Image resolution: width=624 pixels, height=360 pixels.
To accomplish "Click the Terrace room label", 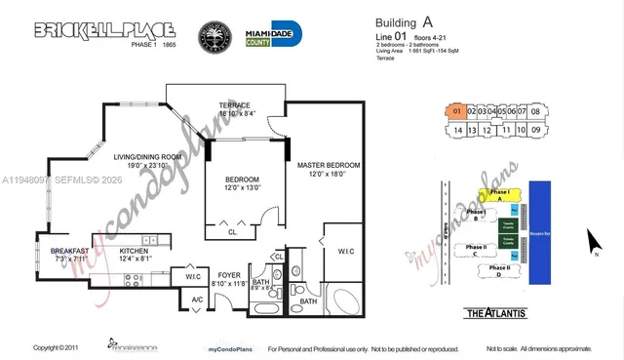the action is [x=234, y=105].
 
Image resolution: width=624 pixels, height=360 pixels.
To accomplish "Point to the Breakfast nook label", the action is [x=69, y=251].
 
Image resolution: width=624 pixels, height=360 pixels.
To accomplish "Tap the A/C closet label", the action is [x=197, y=300].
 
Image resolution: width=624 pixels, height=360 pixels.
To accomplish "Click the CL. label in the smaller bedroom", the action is [x=233, y=233].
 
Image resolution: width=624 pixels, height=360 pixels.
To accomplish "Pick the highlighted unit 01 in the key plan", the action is [x=455, y=112].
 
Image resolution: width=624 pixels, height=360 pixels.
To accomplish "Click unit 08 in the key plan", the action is [x=536, y=112].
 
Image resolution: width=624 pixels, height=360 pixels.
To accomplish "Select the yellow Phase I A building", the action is [x=499, y=195].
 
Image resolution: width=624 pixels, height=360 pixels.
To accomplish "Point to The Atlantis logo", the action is [x=498, y=312].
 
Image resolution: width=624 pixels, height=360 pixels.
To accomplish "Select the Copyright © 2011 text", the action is [x=56, y=348].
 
